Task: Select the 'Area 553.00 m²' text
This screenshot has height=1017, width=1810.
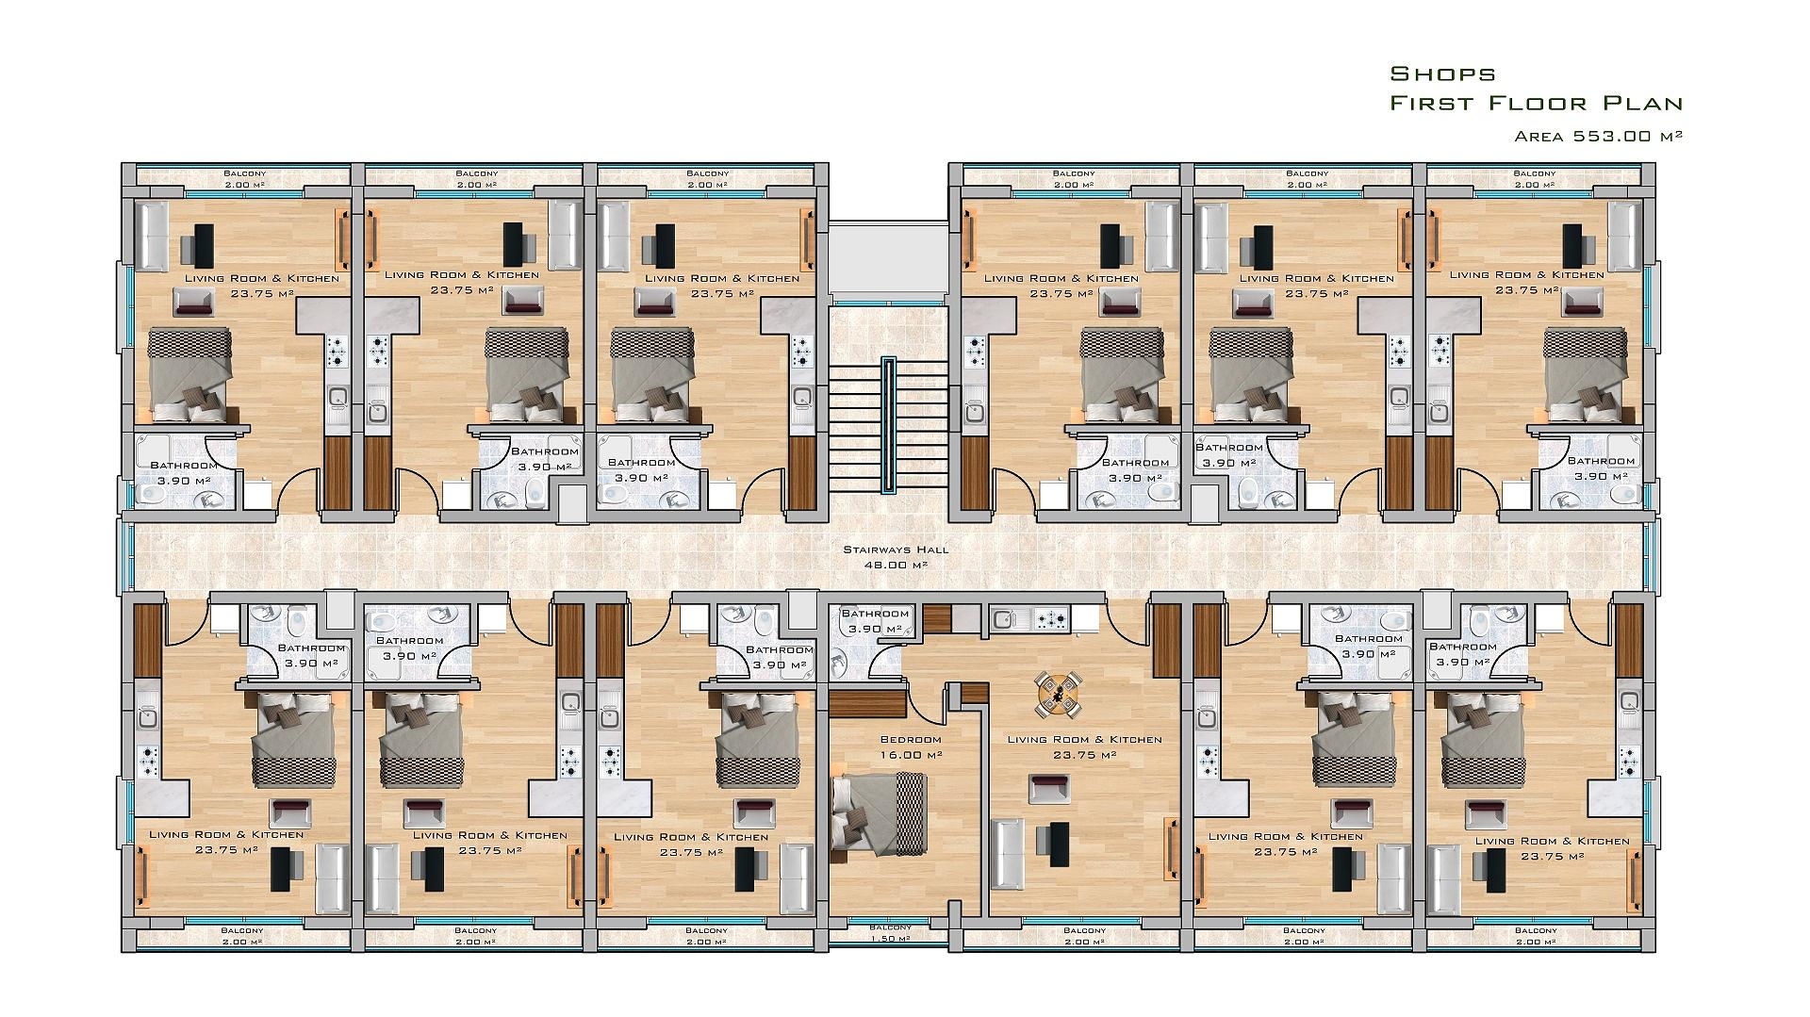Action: pos(1599,136)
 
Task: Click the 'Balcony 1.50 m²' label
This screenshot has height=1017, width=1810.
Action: pos(890,932)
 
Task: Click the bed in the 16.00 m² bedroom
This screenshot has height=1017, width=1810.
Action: pos(877,813)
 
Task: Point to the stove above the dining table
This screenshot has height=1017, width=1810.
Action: pos(1053,619)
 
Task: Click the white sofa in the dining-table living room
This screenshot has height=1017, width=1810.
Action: pos(1008,853)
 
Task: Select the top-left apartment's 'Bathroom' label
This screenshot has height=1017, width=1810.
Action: pos(184,465)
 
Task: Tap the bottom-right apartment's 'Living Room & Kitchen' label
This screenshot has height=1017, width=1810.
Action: pos(1552,841)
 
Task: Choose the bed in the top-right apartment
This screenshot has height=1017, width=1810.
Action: pos(1584,374)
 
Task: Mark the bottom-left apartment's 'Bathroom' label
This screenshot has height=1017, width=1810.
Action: pos(312,648)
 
